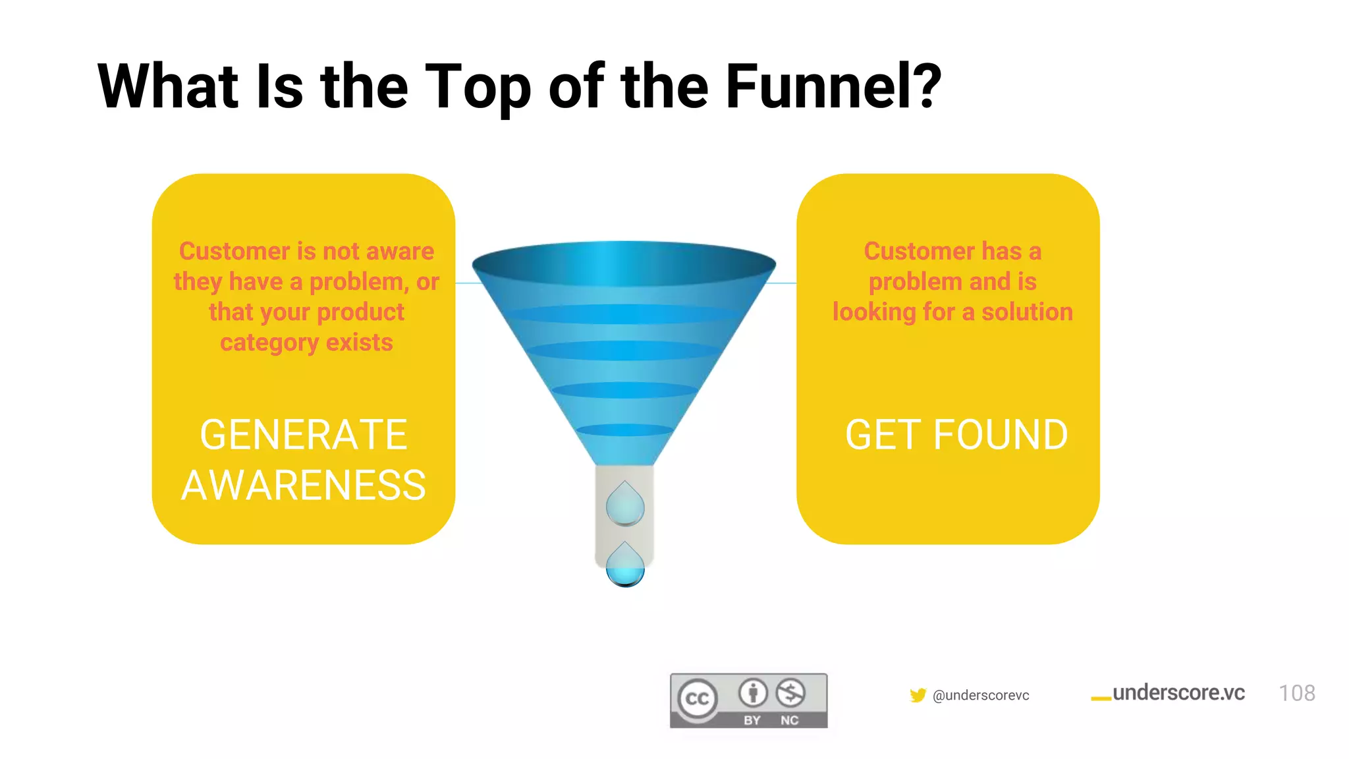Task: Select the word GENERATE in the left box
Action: [x=304, y=436]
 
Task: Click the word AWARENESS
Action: [x=304, y=486]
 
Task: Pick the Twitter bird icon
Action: [x=918, y=695]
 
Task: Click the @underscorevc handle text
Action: [x=981, y=695]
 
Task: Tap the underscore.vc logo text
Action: [x=1178, y=692]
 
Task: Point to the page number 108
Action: [x=1296, y=693]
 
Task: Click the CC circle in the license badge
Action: [x=698, y=698]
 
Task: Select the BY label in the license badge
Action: [x=752, y=720]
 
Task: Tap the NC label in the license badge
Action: [x=789, y=720]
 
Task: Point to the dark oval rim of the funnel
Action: [x=624, y=264]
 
